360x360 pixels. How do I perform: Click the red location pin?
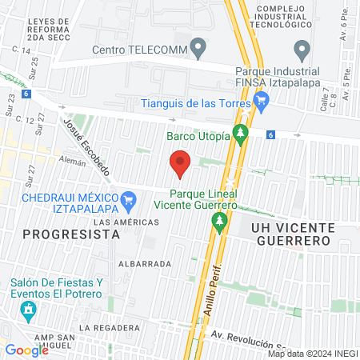(181, 163)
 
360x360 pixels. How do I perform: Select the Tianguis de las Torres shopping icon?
(260, 102)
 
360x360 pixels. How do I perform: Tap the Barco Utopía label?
(198, 135)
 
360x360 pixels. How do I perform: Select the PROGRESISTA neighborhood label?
(71, 234)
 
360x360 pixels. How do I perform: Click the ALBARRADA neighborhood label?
(145, 263)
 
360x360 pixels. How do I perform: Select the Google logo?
(26, 350)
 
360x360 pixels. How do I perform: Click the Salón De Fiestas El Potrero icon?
(29, 308)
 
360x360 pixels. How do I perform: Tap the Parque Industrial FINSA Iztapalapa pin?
(302, 50)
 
